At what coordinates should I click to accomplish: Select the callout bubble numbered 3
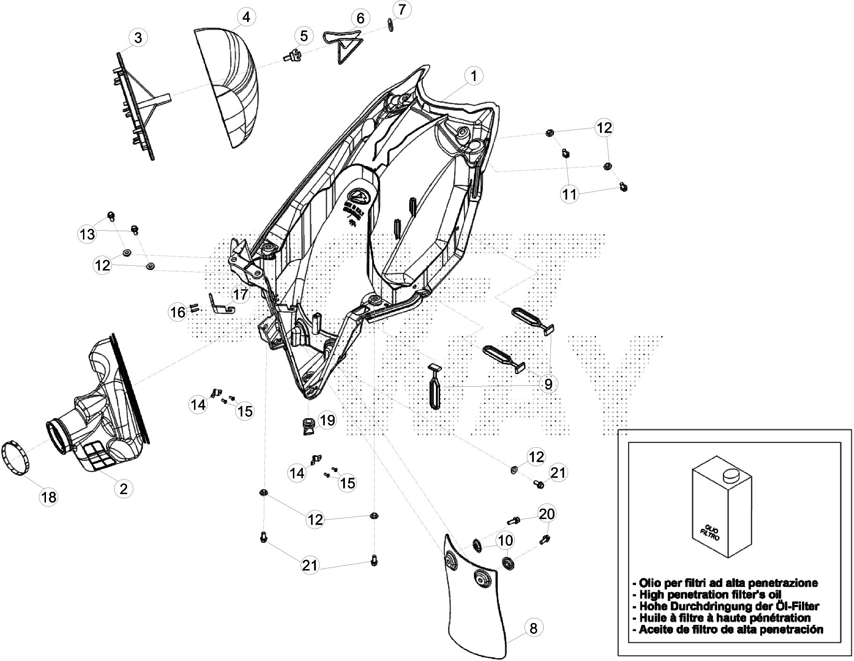(137, 38)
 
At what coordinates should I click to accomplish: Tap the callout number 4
(246, 17)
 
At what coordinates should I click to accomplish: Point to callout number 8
(533, 627)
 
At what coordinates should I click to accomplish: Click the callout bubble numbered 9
(548, 384)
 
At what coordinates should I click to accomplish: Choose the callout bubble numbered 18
(48, 497)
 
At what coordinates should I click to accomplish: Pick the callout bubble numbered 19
(327, 420)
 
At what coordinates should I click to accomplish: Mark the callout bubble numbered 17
(240, 295)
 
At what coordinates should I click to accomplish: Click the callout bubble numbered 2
(123, 489)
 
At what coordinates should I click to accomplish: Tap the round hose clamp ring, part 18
(17, 458)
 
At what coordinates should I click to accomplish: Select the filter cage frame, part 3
(134, 108)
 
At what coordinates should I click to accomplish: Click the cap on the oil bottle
(728, 476)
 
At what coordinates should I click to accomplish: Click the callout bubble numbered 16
(178, 312)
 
